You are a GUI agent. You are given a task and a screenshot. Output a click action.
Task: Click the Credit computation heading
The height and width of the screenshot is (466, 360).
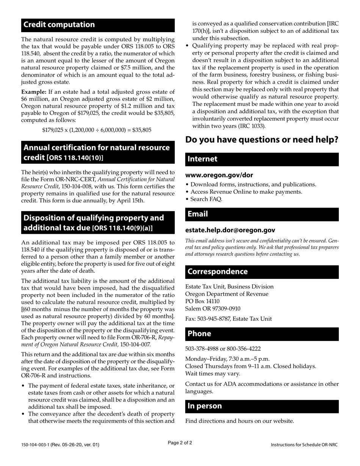point(59,25)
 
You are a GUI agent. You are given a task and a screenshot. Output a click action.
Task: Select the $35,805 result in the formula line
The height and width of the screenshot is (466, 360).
point(141,130)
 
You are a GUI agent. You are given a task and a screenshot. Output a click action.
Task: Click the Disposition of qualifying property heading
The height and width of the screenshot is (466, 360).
point(94,223)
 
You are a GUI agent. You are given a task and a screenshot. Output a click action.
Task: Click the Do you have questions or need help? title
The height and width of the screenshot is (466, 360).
point(261,140)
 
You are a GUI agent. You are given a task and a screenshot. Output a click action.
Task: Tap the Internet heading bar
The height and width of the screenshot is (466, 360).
point(262,159)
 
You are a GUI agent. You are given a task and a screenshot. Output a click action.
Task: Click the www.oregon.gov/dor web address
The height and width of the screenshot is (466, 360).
point(219,175)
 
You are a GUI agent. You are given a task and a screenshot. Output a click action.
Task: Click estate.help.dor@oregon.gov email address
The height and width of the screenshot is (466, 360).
point(230,230)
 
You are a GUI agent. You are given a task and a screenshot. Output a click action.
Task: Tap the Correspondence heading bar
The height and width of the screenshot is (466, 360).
point(262,272)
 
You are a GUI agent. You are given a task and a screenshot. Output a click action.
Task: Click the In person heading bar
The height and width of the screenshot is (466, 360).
point(262,406)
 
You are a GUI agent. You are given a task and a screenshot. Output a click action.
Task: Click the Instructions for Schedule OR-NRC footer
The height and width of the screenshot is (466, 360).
point(304,445)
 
